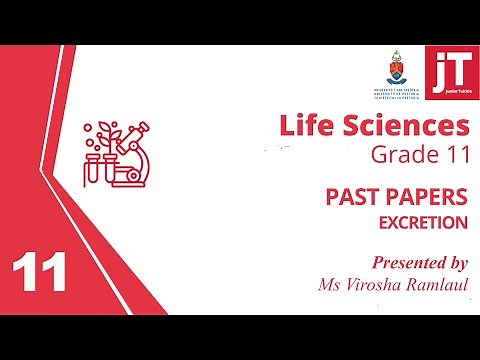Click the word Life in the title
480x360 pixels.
pyautogui.click(x=304, y=127)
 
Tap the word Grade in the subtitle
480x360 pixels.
pyautogui.click(x=399, y=157)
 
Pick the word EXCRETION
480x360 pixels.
pyautogui.click(x=423, y=222)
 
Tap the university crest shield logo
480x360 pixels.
pyautogui.click(x=392, y=66)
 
